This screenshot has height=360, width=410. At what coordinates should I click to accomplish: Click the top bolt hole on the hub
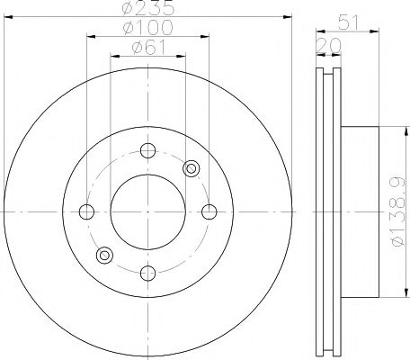point(148,150)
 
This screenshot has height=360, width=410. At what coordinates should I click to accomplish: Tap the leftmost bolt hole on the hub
point(87,212)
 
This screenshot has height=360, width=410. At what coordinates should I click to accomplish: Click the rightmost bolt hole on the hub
point(209,212)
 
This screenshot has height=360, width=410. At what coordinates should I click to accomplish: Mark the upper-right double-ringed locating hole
point(191,168)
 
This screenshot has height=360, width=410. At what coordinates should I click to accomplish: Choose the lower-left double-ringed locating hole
point(105,256)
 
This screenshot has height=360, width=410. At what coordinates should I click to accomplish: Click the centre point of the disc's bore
point(148,212)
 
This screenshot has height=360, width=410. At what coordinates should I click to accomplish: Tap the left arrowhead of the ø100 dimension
point(91,37)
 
